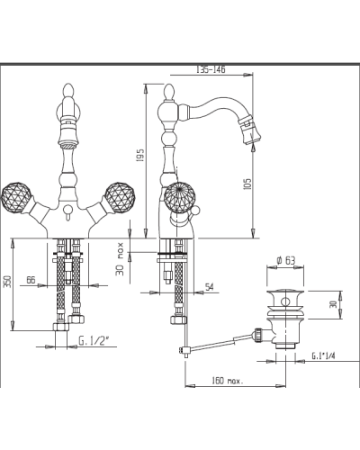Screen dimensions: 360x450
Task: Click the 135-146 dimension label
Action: (x=211, y=69)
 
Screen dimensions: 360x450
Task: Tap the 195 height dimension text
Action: (x=140, y=155)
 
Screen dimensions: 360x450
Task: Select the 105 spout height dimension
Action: (x=247, y=184)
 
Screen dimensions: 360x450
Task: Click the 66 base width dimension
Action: (x=31, y=280)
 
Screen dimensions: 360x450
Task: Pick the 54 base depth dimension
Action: (x=209, y=287)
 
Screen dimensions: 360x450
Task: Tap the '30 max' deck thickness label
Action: (x=120, y=258)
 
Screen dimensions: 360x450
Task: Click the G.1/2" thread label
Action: (x=94, y=341)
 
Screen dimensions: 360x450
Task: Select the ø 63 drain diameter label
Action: (x=285, y=260)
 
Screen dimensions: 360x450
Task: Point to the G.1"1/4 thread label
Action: (x=323, y=355)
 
